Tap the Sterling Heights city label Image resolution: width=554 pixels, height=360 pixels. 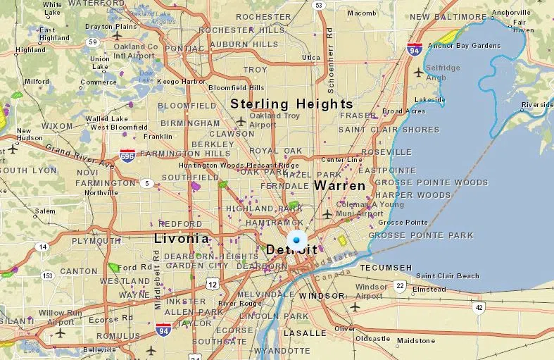[x=292, y=104]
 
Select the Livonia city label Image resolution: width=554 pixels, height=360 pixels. [x=182, y=238]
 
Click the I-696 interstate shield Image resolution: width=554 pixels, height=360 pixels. [x=127, y=154]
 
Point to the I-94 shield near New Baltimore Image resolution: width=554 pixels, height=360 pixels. [x=415, y=49]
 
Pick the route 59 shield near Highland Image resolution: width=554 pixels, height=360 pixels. [x=92, y=42]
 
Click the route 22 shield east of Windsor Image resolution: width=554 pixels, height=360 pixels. [x=400, y=285]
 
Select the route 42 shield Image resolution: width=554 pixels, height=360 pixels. [x=479, y=307]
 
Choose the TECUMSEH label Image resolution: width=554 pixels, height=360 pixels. [x=386, y=268]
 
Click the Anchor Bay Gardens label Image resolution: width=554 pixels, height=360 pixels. [x=464, y=46]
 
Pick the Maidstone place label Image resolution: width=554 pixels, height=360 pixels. [x=416, y=341]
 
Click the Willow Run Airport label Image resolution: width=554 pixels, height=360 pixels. [x=60, y=317]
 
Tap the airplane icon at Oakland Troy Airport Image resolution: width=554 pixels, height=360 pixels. [x=241, y=120]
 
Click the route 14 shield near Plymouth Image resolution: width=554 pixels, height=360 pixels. [x=43, y=247]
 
